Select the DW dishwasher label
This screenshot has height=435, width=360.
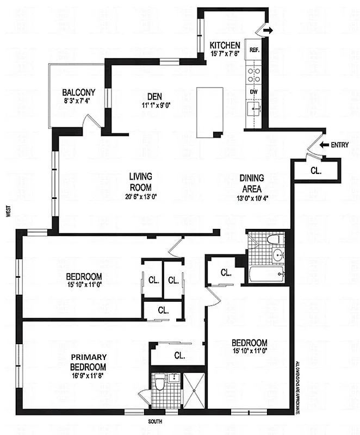[x=253, y=92]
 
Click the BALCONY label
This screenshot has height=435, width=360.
[x=78, y=92]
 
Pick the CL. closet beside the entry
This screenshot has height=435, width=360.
[x=316, y=170]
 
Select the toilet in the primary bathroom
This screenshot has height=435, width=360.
[x=160, y=386]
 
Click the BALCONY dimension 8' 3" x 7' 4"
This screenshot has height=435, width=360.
[x=78, y=101]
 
